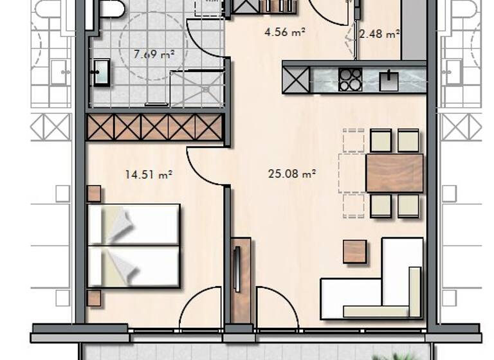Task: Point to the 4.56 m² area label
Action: click(284, 30)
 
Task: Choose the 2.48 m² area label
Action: click(380, 34)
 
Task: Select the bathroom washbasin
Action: click(101, 72)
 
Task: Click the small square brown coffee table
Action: click(354, 251)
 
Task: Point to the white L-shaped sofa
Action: click(380, 289)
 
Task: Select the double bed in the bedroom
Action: click(133, 246)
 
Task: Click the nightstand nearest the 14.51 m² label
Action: click(94, 194)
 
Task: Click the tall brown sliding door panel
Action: click(241, 280)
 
